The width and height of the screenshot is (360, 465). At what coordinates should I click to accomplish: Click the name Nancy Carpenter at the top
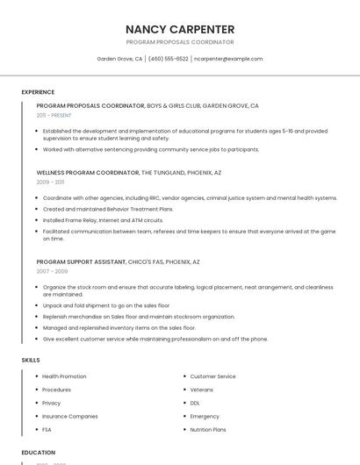pos(180,29)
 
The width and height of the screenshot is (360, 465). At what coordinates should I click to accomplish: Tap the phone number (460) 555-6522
pos(168,59)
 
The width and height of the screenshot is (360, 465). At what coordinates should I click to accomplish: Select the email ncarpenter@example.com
pos(228,59)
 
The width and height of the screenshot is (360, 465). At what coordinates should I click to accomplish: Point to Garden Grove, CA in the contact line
pos(119,59)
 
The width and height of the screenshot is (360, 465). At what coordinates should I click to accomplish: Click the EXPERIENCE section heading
pos(38,92)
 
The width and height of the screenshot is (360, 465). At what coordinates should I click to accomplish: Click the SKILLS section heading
pos(31,360)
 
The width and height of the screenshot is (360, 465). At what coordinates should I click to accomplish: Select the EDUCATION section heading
pos(38,453)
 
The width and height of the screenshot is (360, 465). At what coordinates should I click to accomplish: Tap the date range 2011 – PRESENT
pos(54,115)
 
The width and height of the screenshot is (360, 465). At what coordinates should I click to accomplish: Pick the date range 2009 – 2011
pos(50,182)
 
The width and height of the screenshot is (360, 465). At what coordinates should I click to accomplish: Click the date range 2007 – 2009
pos(51,271)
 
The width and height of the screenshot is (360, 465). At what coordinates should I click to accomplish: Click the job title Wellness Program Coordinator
pos(87,173)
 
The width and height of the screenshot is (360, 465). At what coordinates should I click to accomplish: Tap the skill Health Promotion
pos(64,376)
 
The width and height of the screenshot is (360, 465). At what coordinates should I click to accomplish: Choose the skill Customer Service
pos(212,376)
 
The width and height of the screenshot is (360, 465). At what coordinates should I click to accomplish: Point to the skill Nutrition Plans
pos(208,430)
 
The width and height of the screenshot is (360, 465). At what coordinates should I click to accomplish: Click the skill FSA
pos(47,430)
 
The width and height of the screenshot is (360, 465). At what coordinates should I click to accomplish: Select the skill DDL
pos(195,403)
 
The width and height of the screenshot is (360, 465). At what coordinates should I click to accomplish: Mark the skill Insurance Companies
pos(70,416)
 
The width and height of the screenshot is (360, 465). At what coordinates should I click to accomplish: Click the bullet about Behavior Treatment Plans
pos(108,209)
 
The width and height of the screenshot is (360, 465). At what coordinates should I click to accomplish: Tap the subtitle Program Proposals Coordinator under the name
pos(180,42)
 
